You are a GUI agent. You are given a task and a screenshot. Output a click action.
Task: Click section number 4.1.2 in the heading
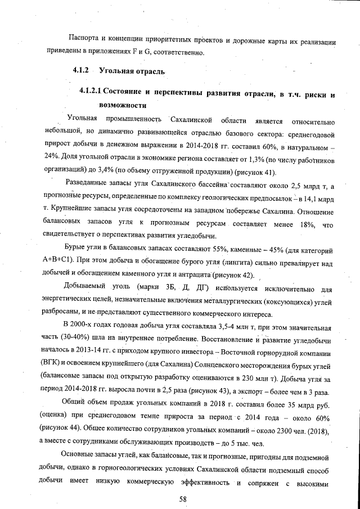tap(83, 71)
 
